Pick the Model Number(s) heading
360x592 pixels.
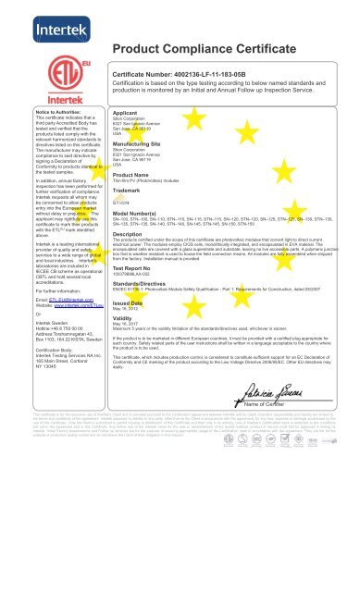click(x=137, y=214)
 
